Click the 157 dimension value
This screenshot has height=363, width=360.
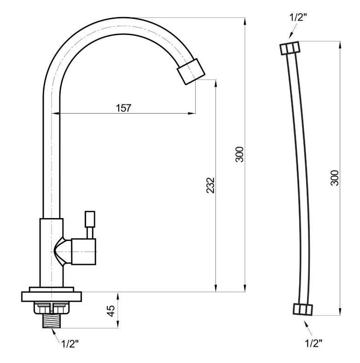point(123,108)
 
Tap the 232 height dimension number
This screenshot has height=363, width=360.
point(211,185)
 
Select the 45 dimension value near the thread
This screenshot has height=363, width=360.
point(111,311)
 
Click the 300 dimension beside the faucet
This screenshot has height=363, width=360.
point(240,154)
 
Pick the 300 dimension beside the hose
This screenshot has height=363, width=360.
point(335,178)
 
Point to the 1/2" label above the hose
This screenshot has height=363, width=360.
point(298,18)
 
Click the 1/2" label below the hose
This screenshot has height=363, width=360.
point(314,344)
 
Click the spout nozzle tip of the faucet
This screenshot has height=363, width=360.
point(191,71)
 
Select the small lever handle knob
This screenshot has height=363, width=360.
point(90,219)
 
